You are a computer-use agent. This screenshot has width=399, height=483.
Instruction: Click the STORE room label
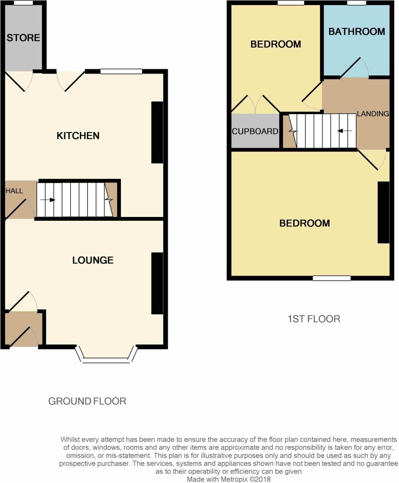coord(24,38)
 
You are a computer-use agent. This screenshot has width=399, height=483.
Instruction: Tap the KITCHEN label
coord(78,135)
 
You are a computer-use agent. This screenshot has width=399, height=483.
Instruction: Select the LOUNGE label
coord(93,260)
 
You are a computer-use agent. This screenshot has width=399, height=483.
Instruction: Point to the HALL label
coord(14,191)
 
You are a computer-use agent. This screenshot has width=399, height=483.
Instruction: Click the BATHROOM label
coord(357,32)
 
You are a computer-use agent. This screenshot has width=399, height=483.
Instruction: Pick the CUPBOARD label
coord(255,132)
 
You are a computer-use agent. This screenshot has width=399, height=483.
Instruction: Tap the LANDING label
coord(373,114)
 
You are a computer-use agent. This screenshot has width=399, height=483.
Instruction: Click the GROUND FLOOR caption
coord(87,401)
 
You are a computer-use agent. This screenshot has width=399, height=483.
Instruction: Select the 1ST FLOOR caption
coord(314,319)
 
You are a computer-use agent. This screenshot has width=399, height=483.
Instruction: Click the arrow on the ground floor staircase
coord(48,200)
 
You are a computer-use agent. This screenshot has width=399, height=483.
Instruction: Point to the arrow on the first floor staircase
coord(345,131)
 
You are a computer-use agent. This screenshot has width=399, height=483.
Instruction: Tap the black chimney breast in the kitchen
coord(157,133)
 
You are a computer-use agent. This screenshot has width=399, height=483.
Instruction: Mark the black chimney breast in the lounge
coord(157,283)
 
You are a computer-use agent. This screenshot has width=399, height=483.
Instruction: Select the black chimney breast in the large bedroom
coord(383,213)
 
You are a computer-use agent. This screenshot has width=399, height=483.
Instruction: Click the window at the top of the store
coord(24,3)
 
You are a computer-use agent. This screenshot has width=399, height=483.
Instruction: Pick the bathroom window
coord(357,3)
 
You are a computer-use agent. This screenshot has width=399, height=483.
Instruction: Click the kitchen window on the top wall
coord(121,72)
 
